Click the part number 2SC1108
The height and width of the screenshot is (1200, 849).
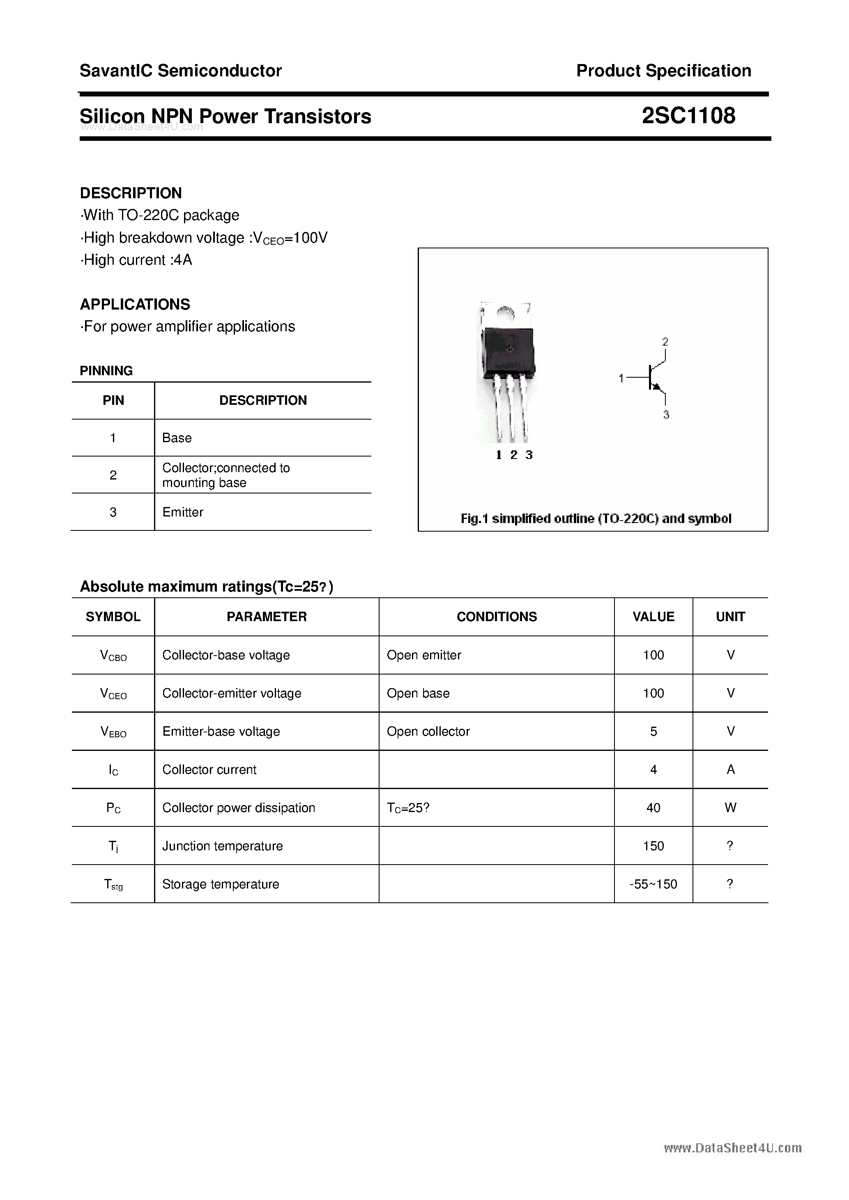pyautogui.click(x=688, y=115)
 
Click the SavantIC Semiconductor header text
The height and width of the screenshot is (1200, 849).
pyautogui.click(x=180, y=71)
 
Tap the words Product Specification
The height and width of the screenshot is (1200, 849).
pyautogui.click(x=663, y=71)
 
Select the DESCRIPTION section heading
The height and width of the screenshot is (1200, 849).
pyautogui.click(x=131, y=193)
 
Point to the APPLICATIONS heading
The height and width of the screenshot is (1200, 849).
pyautogui.click(x=135, y=304)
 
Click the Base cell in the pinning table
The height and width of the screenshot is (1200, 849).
pyautogui.click(x=177, y=438)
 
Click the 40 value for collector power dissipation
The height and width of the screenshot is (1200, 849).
pyautogui.click(x=653, y=808)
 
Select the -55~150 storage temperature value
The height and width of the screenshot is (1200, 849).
pyautogui.click(x=653, y=884)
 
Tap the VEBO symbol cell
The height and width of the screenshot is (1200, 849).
pyautogui.click(x=113, y=732)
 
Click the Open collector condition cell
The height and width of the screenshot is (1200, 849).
pyautogui.click(x=428, y=731)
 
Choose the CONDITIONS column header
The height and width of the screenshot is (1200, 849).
pyautogui.click(x=496, y=617)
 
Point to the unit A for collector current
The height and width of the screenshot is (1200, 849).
pyautogui.click(x=730, y=769)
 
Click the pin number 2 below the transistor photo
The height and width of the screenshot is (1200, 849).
pyautogui.click(x=513, y=455)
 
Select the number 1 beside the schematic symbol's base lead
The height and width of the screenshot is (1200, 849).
pyautogui.click(x=621, y=378)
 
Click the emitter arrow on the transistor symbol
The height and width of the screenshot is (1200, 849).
pyautogui.click(x=657, y=387)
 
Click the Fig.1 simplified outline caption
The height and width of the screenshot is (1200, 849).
pyautogui.click(x=596, y=519)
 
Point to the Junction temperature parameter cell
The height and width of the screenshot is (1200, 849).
pyautogui.click(x=222, y=846)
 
